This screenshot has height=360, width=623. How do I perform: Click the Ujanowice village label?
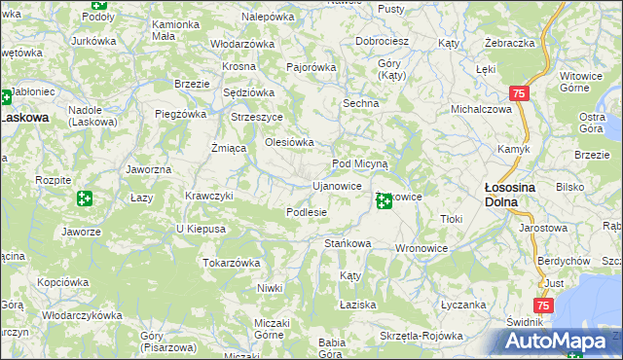point(337,186)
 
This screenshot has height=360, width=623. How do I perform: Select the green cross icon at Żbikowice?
point(385,201)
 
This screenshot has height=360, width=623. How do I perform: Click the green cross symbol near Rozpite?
point(85,198)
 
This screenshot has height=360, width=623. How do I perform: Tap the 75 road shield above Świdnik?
point(544,306)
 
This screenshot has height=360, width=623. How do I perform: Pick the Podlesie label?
point(306,212)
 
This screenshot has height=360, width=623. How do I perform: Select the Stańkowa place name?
point(348,243)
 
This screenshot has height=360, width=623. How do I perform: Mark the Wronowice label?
point(421,248)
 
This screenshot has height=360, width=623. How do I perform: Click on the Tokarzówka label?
point(232,263)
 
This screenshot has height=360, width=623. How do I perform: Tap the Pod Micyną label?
point(360,163)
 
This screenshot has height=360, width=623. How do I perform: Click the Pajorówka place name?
point(311,68)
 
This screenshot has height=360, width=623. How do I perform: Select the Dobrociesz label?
point(382,42)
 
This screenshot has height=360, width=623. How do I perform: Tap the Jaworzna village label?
point(149,169)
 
